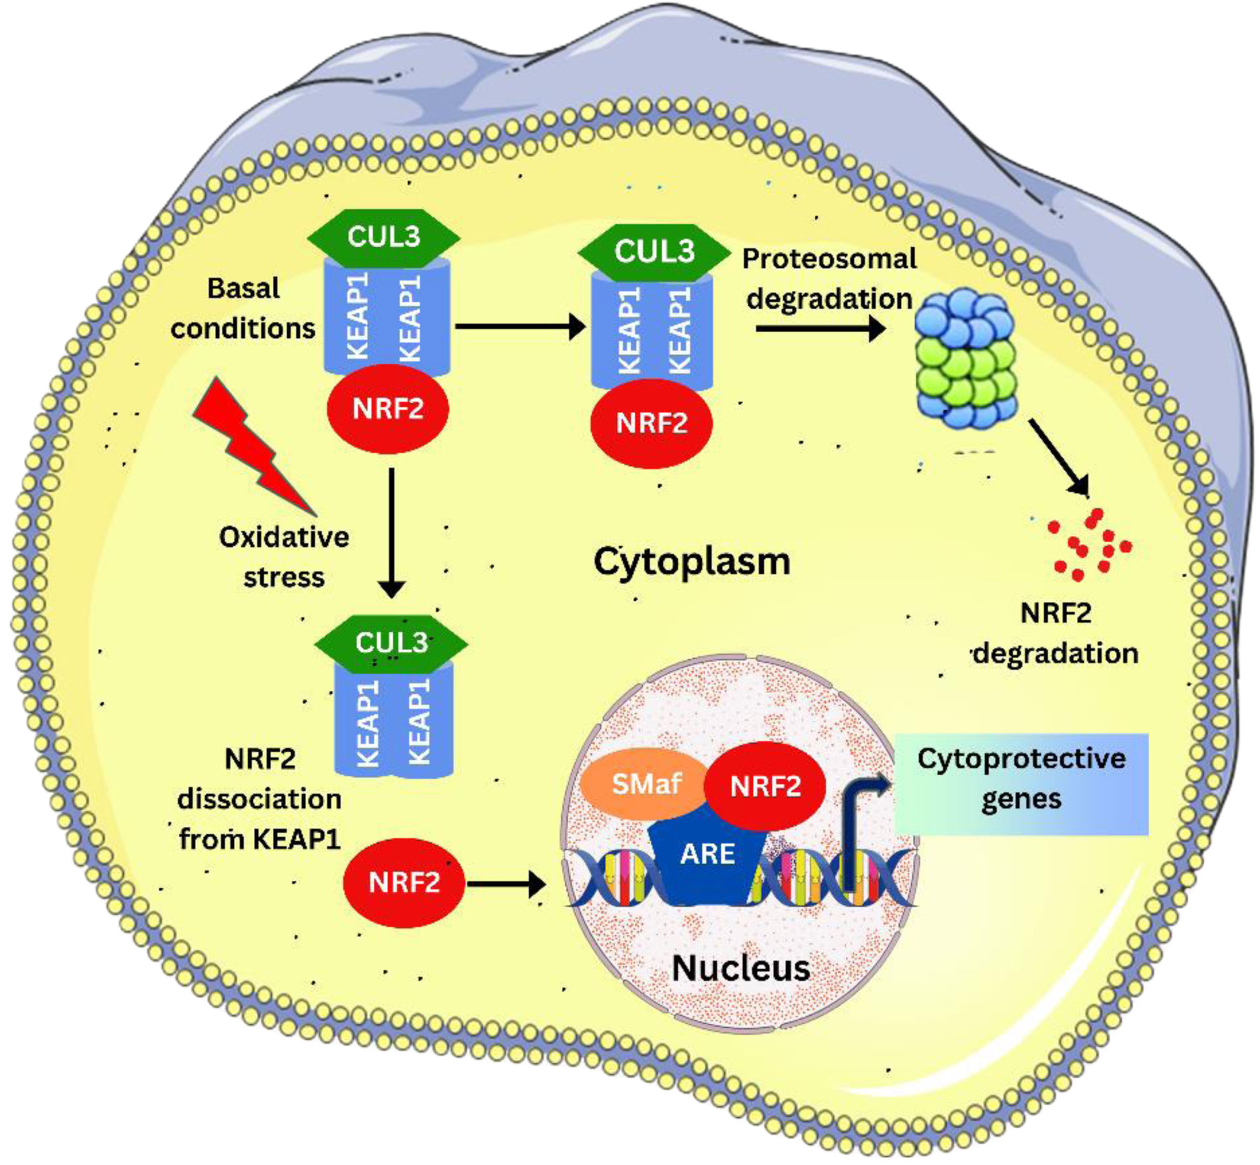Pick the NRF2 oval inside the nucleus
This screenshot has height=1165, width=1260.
click(x=765, y=786)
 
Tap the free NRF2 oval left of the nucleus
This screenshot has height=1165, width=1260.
click(x=404, y=882)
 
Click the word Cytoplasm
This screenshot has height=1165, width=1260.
click(x=692, y=561)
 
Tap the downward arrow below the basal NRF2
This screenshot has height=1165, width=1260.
click(x=392, y=533)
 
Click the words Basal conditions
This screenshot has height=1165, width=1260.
click(x=243, y=309)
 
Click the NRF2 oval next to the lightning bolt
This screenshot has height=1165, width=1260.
click(x=387, y=409)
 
